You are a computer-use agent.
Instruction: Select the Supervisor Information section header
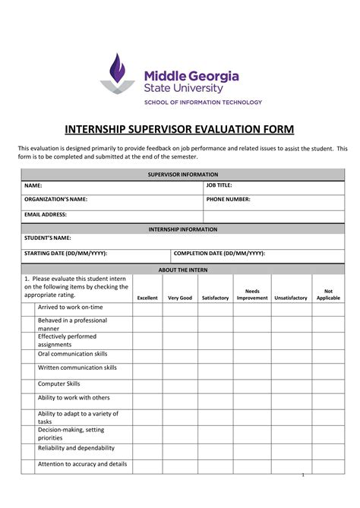pyautogui.click(x=182, y=175)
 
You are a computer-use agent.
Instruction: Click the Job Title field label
pyautogui.click(x=219, y=185)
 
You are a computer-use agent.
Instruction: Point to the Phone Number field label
pyautogui.click(x=228, y=200)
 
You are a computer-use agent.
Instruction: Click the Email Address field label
pyautogui.click(x=46, y=214)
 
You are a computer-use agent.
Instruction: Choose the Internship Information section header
pyautogui.click(x=182, y=229)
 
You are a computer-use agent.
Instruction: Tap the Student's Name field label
pyautogui.click(x=48, y=238)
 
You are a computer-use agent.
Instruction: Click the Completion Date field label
pyautogui.click(x=219, y=253)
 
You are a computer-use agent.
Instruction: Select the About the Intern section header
pyautogui.click(x=182, y=270)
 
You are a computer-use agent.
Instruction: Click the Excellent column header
pyautogui.click(x=147, y=298)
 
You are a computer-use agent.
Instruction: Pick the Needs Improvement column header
pyautogui.click(x=252, y=295)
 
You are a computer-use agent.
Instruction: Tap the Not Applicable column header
pyautogui.click(x=328, y=295)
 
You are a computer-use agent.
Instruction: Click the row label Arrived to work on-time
pyautogui.click(x=71, y=308)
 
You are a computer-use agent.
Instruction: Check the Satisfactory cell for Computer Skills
pyautogui.click(x=215, y=386)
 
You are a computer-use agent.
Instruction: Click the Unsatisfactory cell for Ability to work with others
pyautogui.click(x=290, y=400)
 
